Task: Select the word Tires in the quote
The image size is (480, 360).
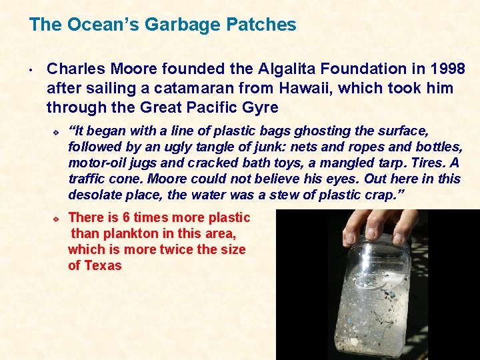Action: (x=427, y=163)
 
